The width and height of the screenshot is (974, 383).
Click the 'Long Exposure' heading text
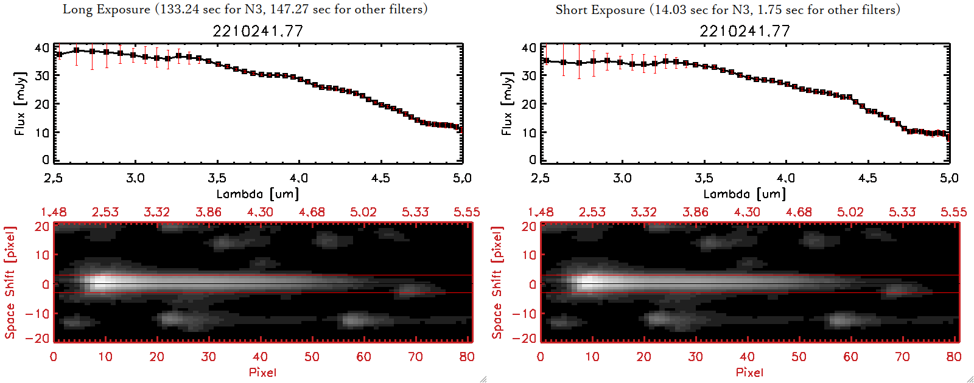106,9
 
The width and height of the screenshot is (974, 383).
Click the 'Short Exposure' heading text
600,10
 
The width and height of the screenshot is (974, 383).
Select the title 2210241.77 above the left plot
258,31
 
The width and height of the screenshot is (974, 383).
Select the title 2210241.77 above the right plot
745,31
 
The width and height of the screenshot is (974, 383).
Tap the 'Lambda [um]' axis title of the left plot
258,194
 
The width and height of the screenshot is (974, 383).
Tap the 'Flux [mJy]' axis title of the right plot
506,103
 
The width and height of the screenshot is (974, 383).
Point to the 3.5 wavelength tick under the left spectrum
217,178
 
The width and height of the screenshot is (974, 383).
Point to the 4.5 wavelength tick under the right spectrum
867,178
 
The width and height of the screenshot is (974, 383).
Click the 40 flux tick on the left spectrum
42,47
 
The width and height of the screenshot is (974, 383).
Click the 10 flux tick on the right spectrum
529,132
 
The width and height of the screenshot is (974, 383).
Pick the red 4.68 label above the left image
312,212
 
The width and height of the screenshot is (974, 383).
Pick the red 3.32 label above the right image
643,212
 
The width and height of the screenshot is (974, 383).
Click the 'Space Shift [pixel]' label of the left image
10,283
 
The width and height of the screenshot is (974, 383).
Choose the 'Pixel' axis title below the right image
749,372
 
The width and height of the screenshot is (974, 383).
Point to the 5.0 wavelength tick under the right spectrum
949,178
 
